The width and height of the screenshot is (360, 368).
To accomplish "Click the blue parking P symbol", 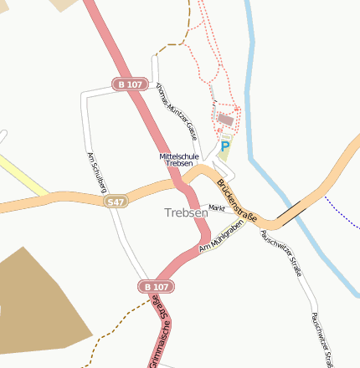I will [224, 146].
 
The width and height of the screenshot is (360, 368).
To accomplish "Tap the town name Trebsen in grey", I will [186, 213].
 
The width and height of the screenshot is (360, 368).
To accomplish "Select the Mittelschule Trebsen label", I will [180, 160].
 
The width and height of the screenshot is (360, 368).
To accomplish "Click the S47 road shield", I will [116, 202].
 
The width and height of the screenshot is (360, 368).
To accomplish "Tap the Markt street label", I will [217, 207].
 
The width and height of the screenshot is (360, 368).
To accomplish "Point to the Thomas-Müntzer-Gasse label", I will [177, 110].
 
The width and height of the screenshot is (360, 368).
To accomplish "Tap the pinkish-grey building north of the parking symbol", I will [224, 120].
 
